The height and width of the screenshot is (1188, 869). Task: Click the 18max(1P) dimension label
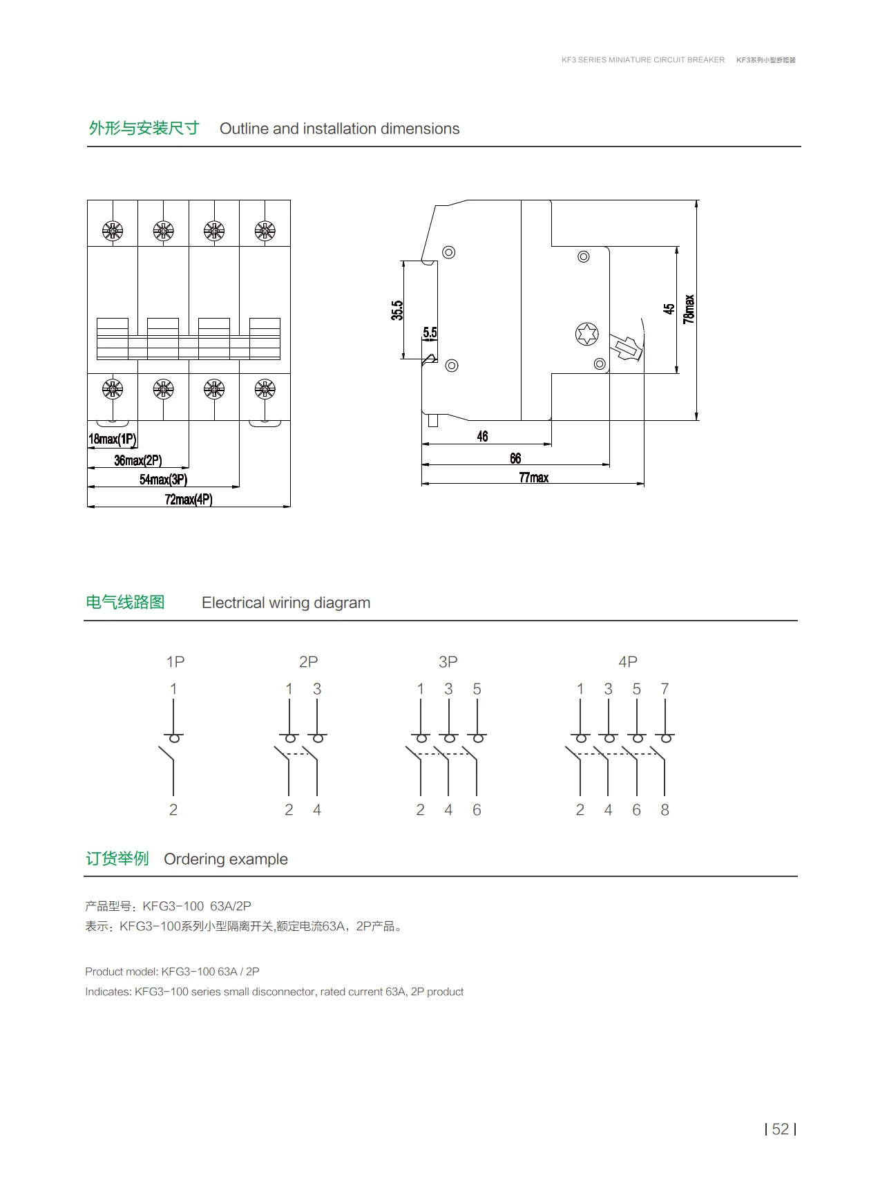(113, 440)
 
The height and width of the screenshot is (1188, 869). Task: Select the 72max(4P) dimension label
(189, 500)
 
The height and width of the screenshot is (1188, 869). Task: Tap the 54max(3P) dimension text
(163, 480)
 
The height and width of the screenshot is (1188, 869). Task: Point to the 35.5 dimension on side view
(397, 310)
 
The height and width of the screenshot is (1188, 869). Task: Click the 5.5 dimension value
(430, 333)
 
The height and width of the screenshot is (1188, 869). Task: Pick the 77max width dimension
(533, 478)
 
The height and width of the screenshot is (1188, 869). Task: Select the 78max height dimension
(689, 309)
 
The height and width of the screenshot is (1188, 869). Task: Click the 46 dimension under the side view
(482, 437)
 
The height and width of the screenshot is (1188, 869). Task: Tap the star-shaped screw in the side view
(586, 334)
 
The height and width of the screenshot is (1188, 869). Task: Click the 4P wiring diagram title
(627, 662)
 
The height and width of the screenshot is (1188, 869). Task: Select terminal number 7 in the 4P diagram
(665, 689)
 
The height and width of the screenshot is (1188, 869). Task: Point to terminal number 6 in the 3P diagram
(477, 810)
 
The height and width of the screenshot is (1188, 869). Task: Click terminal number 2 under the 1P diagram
(173, 810)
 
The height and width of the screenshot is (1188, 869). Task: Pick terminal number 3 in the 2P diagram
(317, 689)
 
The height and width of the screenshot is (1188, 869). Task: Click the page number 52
(781, 1129)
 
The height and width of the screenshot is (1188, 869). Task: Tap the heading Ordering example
(226, 859)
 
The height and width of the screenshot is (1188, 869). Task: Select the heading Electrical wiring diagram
(286, 603)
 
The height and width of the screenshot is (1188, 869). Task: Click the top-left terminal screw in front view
(113, 231)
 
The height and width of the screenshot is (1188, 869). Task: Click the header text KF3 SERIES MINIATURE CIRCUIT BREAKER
(642, 60)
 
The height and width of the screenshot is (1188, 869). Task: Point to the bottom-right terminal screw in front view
(265, 390)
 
